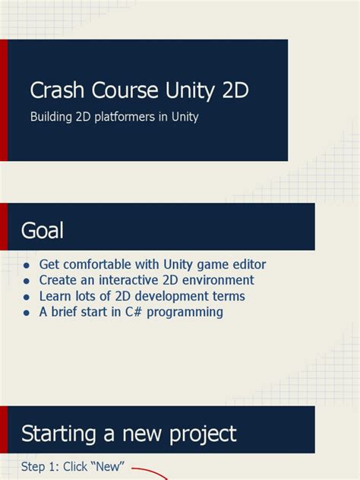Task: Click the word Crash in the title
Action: click(55, 91)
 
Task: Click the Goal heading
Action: click(43, 231)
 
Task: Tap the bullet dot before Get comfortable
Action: click(27, 266)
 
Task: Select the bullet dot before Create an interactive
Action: click(27, 281)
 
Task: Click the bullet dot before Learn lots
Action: click(27, 297)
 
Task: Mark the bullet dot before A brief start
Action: click(27, 312)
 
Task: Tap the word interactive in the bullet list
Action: click(129, 280)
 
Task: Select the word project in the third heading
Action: click(200, 434)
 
